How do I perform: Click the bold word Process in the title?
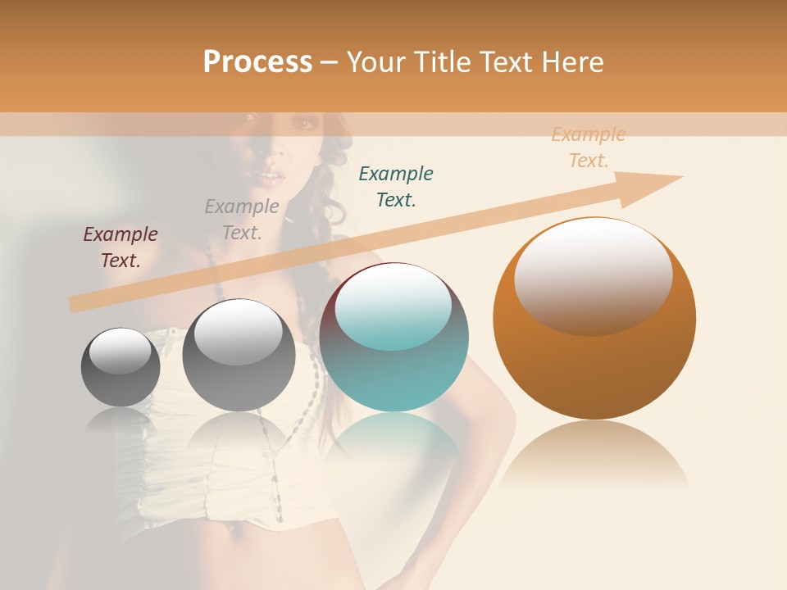point(257,61)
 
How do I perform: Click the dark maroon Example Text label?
point(121,247)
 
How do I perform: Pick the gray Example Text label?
point(242,219)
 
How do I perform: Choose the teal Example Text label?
point(396,186)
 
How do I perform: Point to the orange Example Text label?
point(589,147)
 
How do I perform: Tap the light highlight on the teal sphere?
point(393,305)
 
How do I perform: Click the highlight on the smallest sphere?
point(121,351)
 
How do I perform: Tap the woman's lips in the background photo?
point(269,177)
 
